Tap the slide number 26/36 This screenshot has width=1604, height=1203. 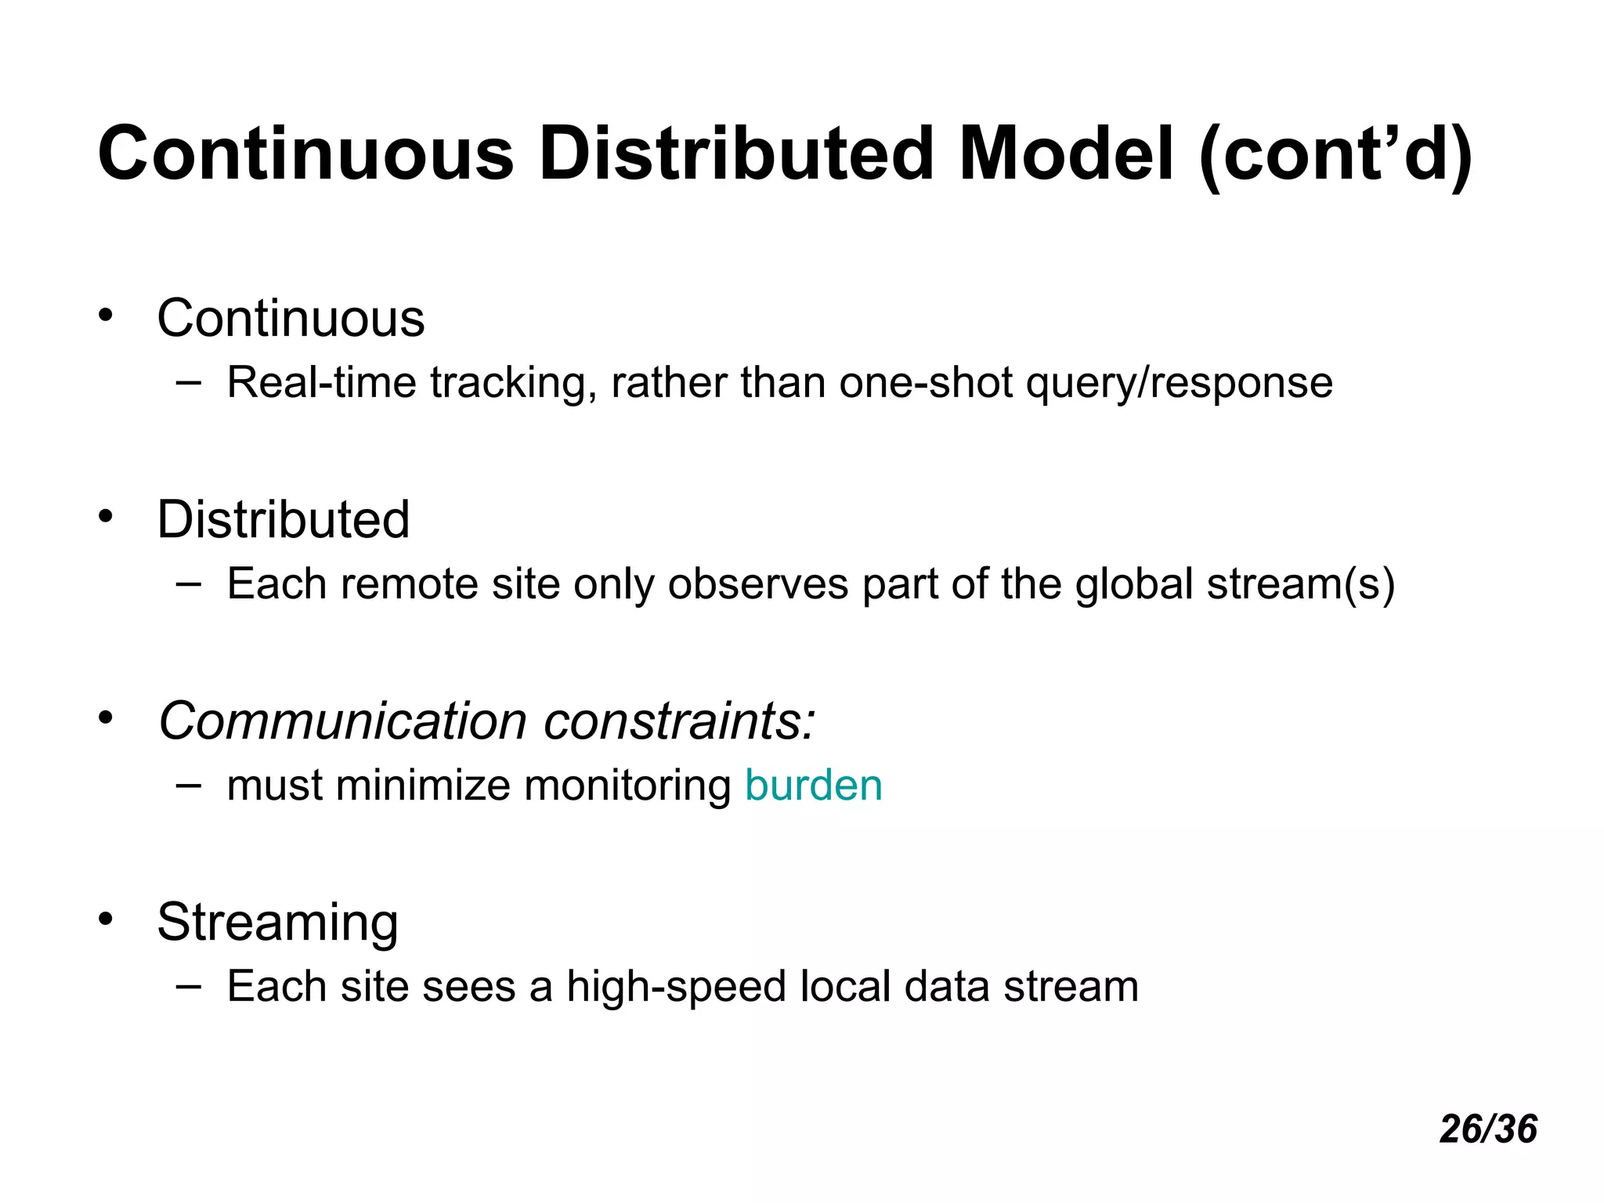click(1488, 1129)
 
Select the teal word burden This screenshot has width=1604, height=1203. click(813, 786)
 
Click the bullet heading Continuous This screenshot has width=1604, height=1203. click(291, 319)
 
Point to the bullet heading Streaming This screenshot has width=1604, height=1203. click(277, 922)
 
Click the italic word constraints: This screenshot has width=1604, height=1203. click(679, 721)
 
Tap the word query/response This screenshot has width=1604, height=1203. click(1179, 383)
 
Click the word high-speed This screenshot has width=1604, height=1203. click(675, 986)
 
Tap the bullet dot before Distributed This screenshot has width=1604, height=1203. click(106, 517)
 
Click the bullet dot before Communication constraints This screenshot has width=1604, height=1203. click(106, 718)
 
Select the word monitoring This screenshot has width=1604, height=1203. click(627, 786)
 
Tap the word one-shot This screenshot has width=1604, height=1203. click(926, 383)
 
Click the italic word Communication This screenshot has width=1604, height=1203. click(342, 721)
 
